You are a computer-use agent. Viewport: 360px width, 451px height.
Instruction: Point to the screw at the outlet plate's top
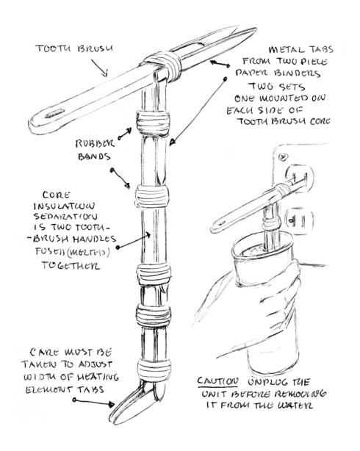tap(285, 157)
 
